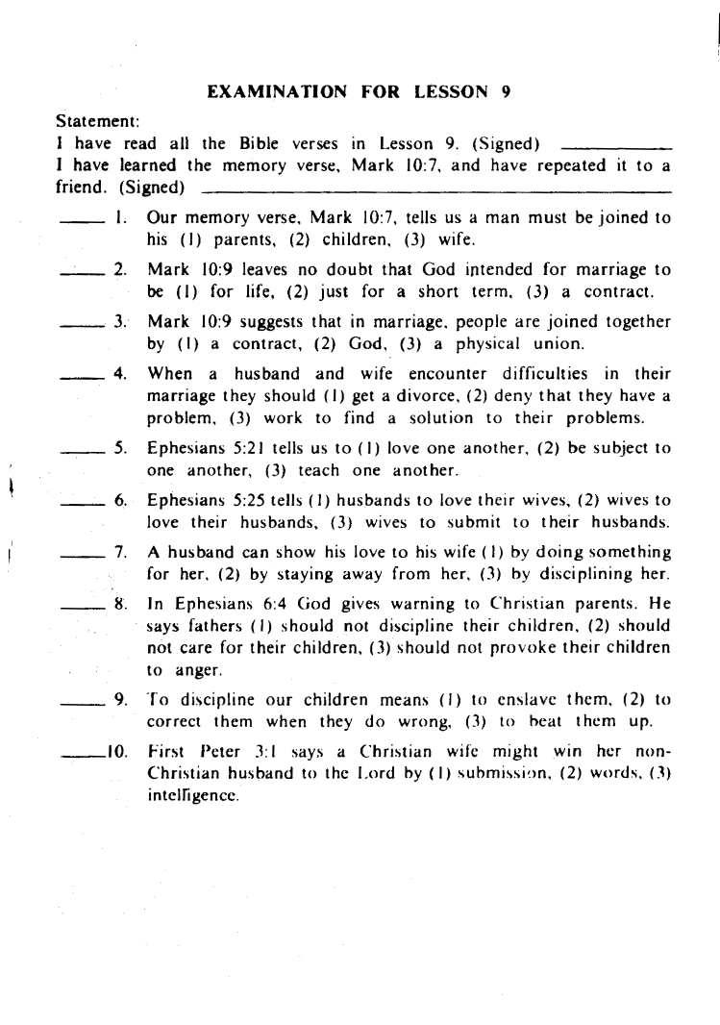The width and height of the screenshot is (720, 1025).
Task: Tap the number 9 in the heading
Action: [506, 93]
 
